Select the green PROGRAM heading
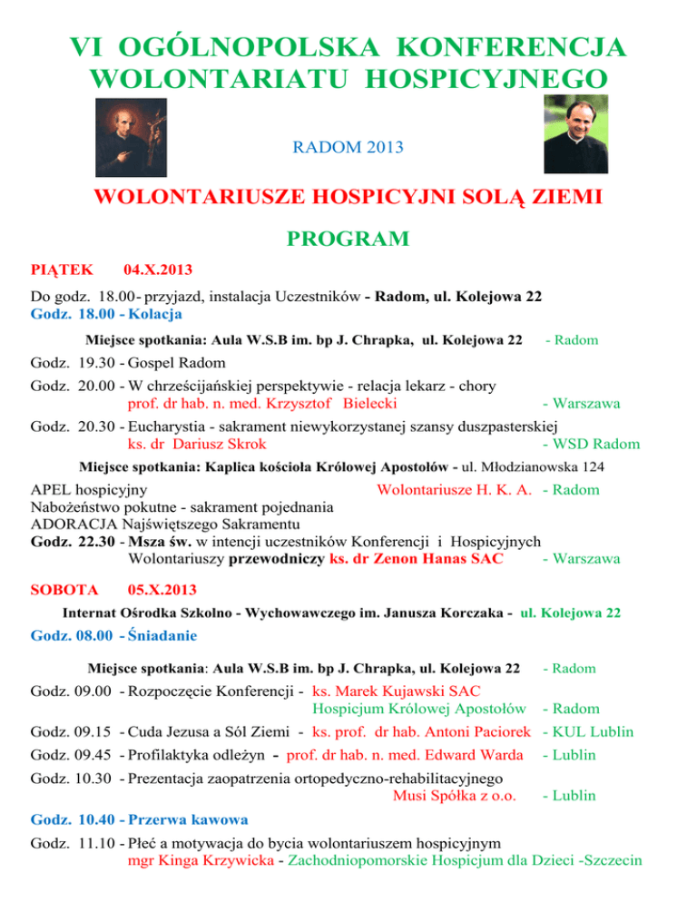[348, 239]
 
